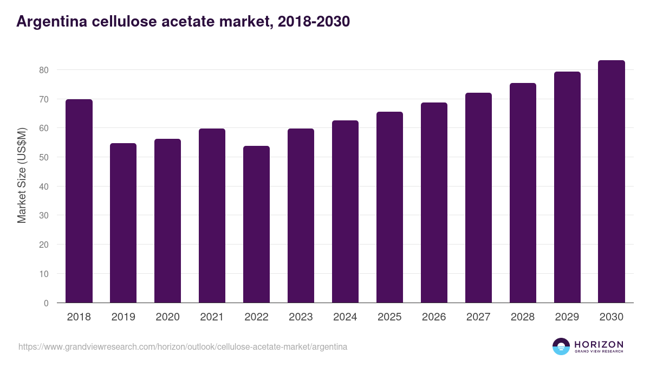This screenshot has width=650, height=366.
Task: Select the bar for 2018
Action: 79,201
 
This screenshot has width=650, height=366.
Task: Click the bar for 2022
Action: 256,224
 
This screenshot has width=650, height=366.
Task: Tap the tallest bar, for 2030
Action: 612,182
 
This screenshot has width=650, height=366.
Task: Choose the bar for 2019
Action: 123,223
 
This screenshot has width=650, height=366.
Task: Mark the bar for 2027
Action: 478,198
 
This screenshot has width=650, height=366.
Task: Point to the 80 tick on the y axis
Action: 43,70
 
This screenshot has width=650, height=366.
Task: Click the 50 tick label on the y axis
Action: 43,157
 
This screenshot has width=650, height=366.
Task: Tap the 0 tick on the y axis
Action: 46,303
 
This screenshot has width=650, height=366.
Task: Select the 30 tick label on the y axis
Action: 43,216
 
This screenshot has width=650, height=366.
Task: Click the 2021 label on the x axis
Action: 212,317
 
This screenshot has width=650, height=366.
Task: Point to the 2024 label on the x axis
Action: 345,317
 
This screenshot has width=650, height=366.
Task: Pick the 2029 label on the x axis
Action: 567,317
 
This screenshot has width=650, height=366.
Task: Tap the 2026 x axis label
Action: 434,317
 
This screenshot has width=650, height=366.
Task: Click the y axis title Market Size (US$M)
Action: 22,175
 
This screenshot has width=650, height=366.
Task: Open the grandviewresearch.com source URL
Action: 183,346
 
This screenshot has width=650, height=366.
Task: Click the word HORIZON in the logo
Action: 598,344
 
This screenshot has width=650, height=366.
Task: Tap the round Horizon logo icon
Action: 561,346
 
